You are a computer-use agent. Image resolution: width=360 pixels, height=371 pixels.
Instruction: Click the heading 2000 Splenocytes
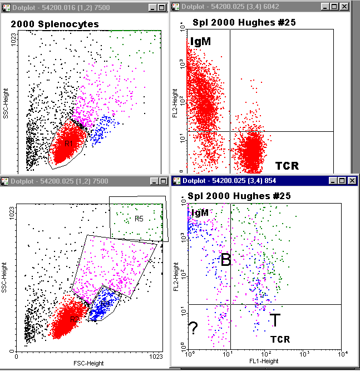point(55,24)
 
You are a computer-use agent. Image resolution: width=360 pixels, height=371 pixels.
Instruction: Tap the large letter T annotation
point(274,320)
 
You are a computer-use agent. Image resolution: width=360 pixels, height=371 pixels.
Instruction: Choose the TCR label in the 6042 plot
point(287,166)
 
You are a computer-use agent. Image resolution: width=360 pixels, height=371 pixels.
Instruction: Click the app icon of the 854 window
point(176,180)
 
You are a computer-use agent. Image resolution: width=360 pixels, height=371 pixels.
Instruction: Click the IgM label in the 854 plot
point(200,212)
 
